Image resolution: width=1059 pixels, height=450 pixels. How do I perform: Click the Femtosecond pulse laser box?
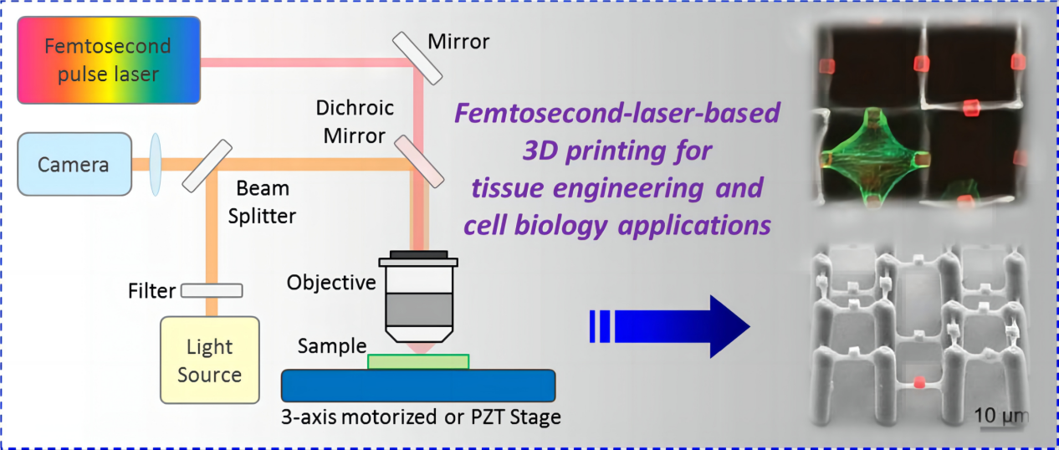pos(109,61)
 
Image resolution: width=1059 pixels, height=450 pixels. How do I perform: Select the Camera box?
pos(74,163)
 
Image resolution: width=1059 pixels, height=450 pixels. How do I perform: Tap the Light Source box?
pos(209,361)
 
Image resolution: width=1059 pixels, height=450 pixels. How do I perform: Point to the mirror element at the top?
pos(416,57)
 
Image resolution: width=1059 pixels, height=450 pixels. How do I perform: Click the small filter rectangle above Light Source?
pos(212,290)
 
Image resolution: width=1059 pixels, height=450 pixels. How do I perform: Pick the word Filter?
pos(152,291)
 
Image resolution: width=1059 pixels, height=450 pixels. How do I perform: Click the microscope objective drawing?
pos(418,297)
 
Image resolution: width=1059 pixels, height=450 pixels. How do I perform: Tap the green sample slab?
pos(418,361)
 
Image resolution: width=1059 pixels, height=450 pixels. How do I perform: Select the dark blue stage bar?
pos(418,386)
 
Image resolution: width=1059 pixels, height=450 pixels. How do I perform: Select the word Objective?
pos(331,283)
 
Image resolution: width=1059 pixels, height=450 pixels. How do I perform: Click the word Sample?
pos(332,345)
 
